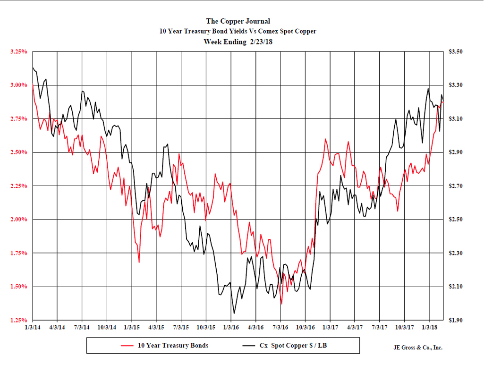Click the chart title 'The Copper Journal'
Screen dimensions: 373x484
(238, 21)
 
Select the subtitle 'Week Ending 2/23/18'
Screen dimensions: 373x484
(238, 42)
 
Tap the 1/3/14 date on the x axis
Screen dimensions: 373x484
(32, 327)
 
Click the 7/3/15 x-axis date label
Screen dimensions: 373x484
(181, 327)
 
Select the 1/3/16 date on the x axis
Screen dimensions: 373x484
(231, 327)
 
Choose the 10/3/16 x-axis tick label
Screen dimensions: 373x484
(306, 327)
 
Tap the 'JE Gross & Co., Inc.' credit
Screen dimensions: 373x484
(417, 348)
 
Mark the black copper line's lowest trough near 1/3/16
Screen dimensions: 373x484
(234, 313)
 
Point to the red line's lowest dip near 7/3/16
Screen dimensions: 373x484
(282, 304)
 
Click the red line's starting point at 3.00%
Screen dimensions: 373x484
(33, 85)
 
